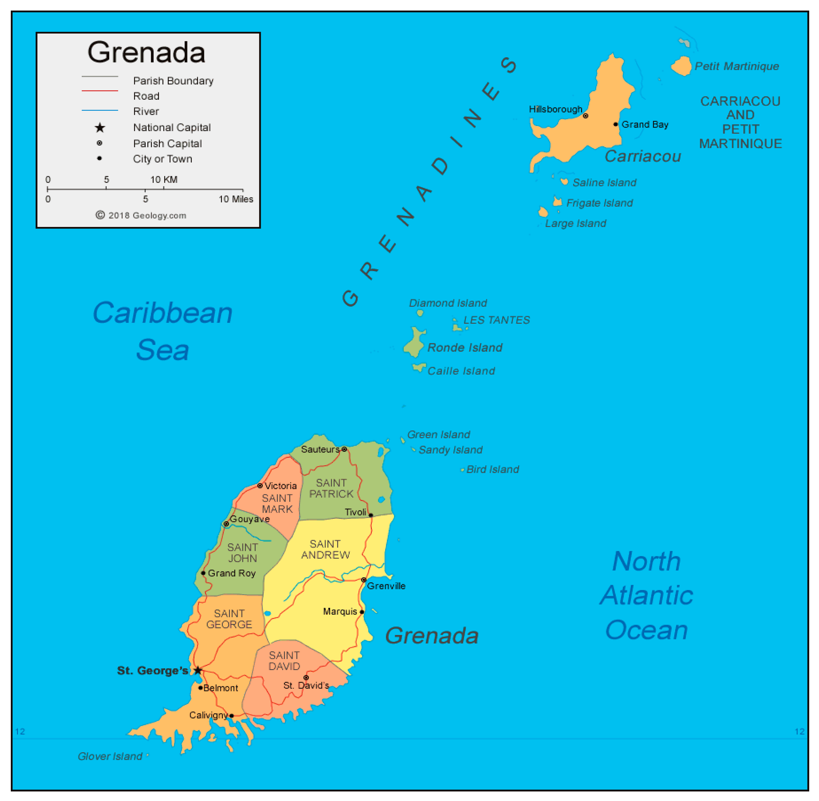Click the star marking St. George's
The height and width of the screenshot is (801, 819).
(x=198, y=670)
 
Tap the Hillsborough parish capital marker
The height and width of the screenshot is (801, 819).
(x=585, y=116)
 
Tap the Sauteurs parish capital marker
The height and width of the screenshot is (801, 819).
(x=344, y=449)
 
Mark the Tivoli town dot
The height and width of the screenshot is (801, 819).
(x=371, y=515)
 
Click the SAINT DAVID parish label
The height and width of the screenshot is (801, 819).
(x=284, y=661)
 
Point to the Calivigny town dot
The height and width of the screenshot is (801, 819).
(x=231, y=716)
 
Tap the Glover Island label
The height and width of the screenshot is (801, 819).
(x=110, y=756)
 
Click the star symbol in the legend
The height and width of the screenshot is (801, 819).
(x=100, y=128)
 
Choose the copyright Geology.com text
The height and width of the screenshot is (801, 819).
(x=141, y=215)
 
